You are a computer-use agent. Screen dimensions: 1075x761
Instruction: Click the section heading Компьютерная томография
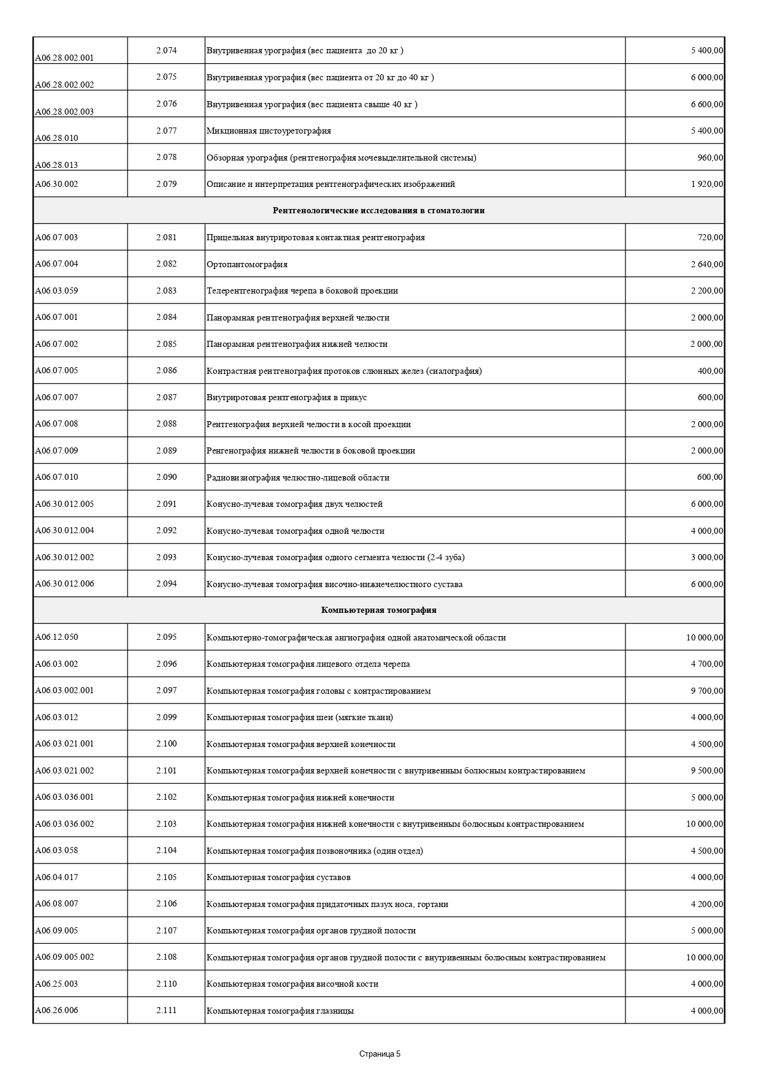[378, 610]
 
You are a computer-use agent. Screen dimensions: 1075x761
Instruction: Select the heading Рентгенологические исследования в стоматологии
[378, 211]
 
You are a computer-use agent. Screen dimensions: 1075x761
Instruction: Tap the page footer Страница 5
[380, 1054]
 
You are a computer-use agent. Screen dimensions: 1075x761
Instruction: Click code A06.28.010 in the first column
[56, 138]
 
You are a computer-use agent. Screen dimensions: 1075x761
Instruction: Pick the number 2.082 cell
[166, 264]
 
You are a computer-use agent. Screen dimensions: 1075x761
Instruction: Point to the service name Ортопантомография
[247, 265]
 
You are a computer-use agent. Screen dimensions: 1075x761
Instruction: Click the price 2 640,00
[706, 265]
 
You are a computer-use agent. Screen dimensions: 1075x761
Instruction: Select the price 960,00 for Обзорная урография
[710, 158]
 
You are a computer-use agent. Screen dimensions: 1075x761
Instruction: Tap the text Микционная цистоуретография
[269, 131]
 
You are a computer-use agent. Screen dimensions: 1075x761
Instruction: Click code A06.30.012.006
[64, 583]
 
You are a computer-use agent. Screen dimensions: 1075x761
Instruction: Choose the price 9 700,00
[706, 691]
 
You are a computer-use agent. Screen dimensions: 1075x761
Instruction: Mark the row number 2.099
[166, 717]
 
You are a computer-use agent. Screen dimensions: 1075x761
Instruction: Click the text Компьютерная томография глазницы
[280, 1011]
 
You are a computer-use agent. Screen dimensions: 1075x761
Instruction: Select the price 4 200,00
[706, 905]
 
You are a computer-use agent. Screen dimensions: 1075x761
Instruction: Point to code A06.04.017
[56, 877]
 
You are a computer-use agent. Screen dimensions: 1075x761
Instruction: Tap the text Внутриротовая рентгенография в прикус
[286, 398]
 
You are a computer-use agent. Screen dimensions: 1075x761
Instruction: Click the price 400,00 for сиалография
[710, 371]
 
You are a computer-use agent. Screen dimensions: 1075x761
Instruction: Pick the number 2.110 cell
[166, 984]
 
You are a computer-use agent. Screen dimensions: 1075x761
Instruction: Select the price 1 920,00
[706, 184]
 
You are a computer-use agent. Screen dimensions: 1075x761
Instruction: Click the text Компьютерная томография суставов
[278, 878]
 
